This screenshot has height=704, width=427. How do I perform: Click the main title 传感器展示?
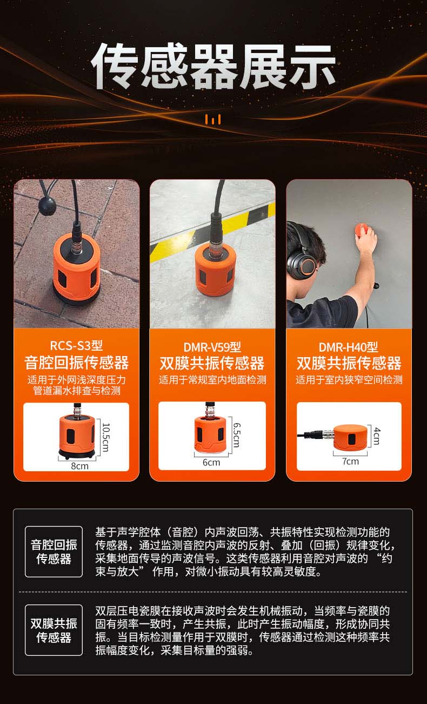[x=213, y=68]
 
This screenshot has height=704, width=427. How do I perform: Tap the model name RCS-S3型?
[x=76, y=345]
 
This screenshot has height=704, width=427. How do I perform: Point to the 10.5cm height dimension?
[x=106, y=437]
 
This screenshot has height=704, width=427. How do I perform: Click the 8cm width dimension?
[x=79, y=465]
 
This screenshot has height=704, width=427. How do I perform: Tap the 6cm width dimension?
[x=211, y=462]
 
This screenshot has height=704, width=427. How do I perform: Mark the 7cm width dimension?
[x=350, y=461]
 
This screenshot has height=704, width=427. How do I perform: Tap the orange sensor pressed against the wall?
[x=362, y=230]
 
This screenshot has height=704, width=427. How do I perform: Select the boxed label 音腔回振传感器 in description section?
[x=54, y=551]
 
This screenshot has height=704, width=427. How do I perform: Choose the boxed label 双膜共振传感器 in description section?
[x=54, y=630]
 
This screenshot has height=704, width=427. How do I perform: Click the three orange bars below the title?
[x=213, y=120]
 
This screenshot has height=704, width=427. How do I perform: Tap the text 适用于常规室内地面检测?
[x=212, y=380]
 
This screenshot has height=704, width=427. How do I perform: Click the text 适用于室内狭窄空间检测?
[x=349, y=380]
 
